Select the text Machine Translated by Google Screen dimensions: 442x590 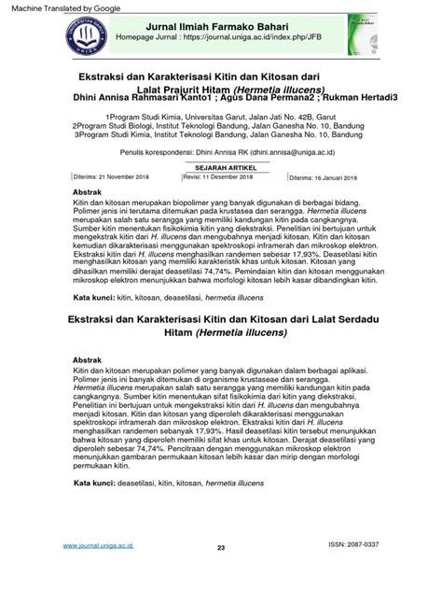[63, 7]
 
